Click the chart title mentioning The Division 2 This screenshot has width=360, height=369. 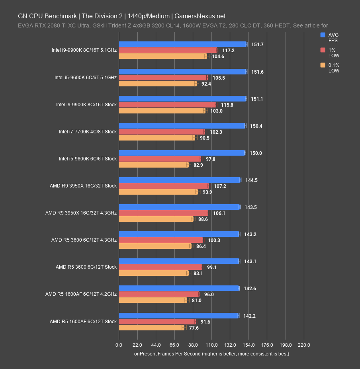pyautogui.click(x=122, y=16)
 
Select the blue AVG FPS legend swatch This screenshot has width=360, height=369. pyautogui.click(x=323, y=35)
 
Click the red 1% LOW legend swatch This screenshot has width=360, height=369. pyautogui.click(x=323, y=50)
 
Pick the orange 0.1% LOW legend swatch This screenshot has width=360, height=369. pyautogui.click(x=323, y=65)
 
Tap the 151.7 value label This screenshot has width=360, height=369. pyautogui.click(x=257, y=44)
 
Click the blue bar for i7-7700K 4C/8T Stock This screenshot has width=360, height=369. pyautogui.click(x=182, y=126)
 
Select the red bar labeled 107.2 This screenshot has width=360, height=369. pyautogui.click(x=163, y=186)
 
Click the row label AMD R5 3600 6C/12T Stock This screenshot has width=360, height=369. pyautogui.click(x=86, y=267)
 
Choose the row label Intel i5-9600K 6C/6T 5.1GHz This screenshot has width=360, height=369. pyautogui.click(x=86, y=78)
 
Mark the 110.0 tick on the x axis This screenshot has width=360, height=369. pyautogui.click(x=211, y=345)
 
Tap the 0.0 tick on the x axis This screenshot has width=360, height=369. pyautogui.click(x=119, y=345)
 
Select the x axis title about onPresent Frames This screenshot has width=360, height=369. pyautogui.click(x=211, y=353)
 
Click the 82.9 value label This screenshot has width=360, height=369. pyautogui.click(x=198, y=165)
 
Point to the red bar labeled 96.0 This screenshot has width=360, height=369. pyautogui.click(x=158, y=294)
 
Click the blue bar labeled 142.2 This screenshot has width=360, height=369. pyautogui.click(x=178, y=316)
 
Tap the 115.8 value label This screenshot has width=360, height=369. pyautogui.click(x=227, y=105)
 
